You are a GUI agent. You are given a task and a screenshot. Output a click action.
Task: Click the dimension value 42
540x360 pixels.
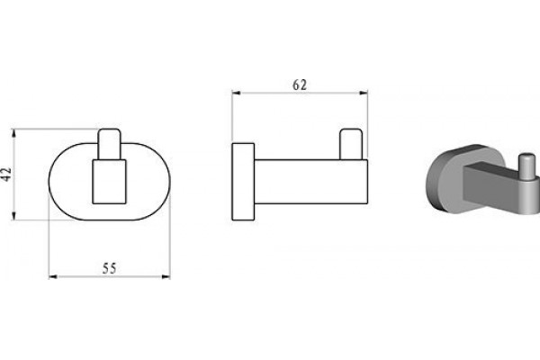point(6,175)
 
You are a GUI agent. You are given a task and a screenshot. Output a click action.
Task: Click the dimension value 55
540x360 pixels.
point(110,268)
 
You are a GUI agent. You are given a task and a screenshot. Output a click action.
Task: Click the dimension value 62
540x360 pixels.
point(300,85)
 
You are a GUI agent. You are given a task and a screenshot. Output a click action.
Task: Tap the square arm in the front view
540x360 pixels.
point(109,182)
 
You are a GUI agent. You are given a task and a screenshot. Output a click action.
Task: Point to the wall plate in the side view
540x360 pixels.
point(243,182)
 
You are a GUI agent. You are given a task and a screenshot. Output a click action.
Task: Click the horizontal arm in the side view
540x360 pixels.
point(311,182)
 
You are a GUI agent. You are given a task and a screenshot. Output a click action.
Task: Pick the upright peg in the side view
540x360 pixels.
point(351,144)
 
